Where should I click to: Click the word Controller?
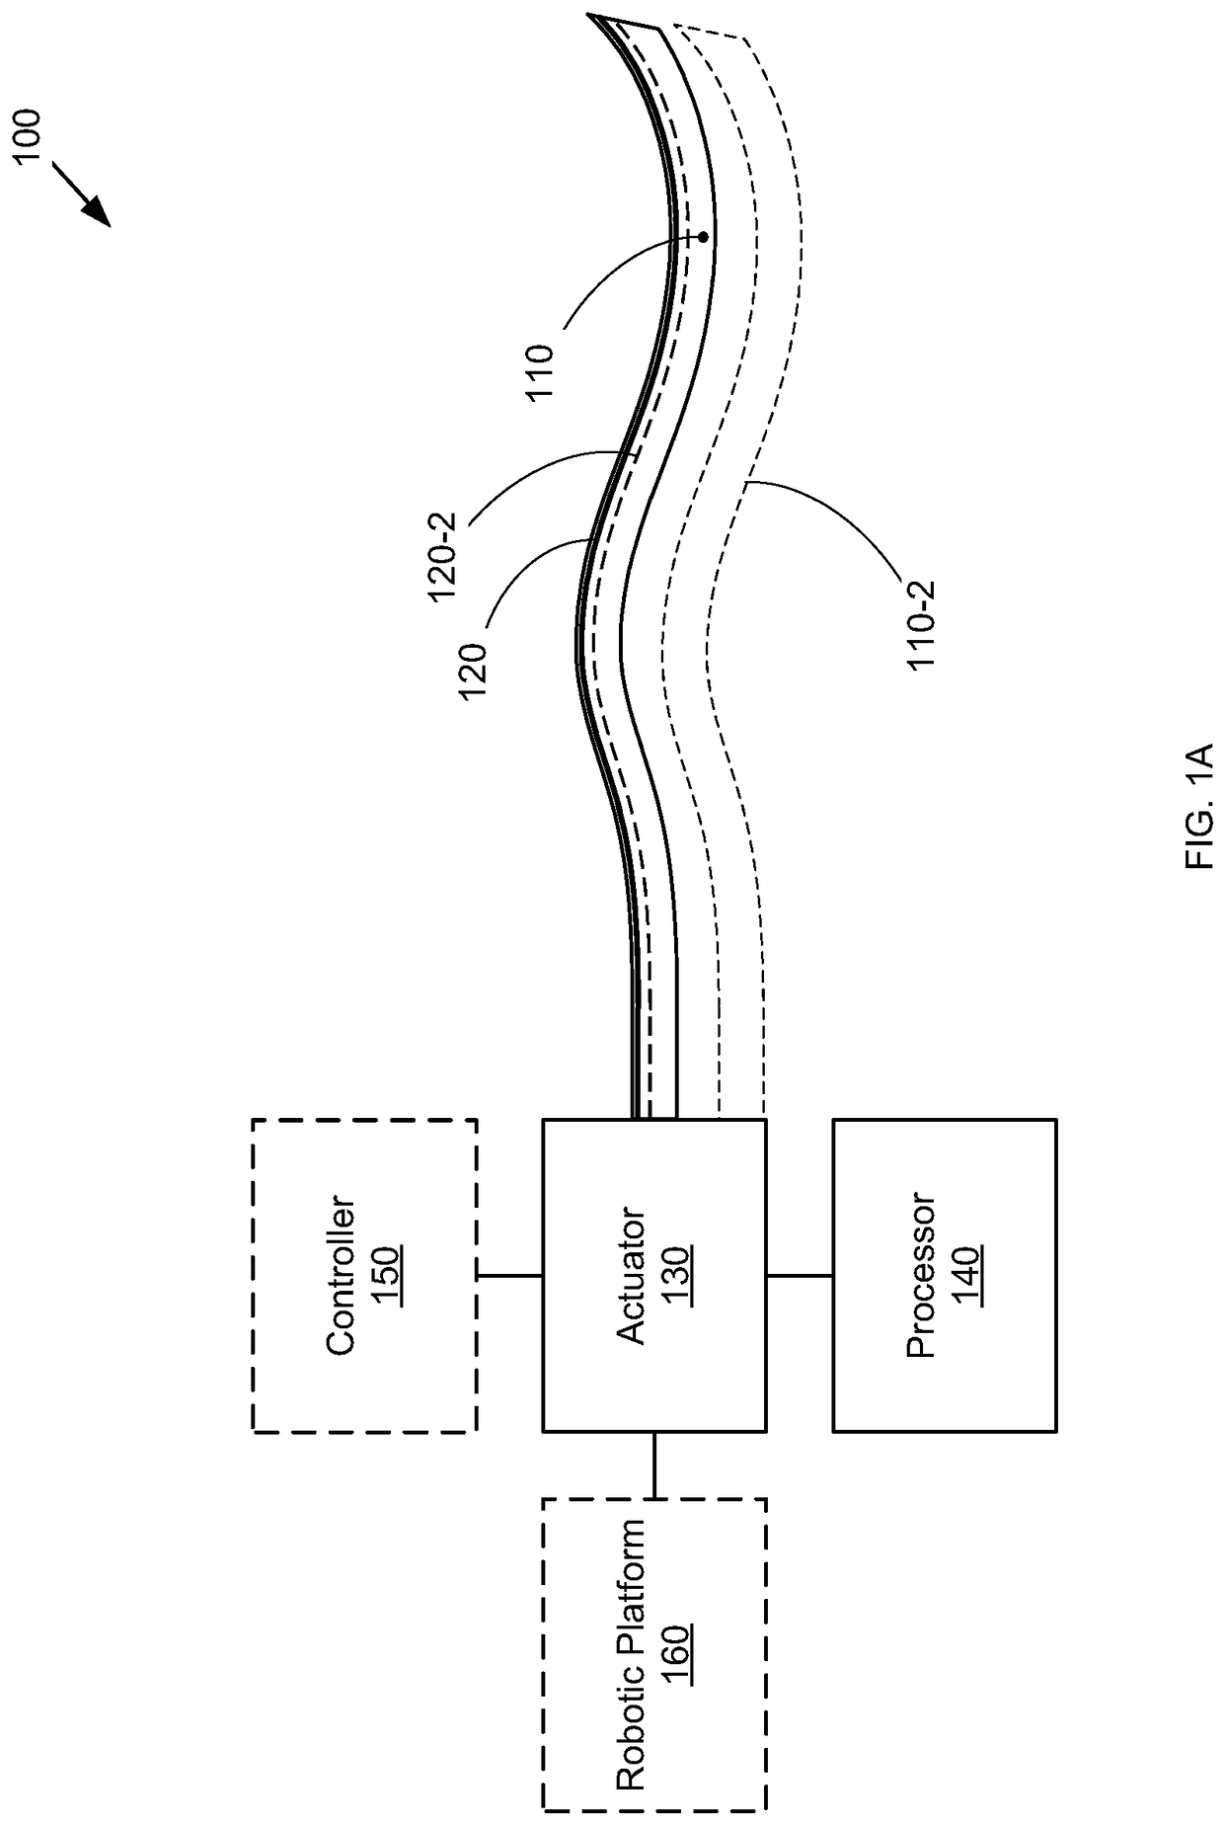(341, 1275)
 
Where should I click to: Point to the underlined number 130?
(675, 1275)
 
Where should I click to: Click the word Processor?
(920, 1275)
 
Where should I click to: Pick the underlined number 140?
(965, 1275)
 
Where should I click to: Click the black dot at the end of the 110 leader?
(703, 237)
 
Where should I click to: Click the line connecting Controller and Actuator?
(509, 1275)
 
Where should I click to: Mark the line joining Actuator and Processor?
(799, 1275)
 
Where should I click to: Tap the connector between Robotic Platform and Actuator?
(653, 1465)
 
